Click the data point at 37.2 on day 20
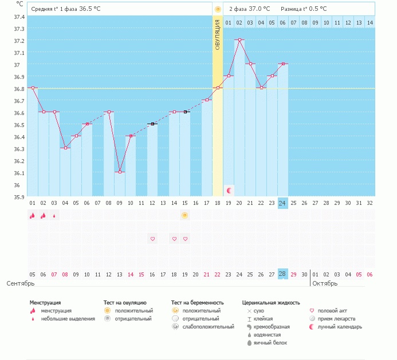point(239,40)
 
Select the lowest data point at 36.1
point(120,172)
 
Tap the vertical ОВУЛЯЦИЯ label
point(218,34)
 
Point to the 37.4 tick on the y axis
point(19,17)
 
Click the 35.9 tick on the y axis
point(19,197)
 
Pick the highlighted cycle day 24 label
point(282,203)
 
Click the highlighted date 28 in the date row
point(282,274)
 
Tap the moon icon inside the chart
point(229,190)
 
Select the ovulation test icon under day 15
point(185,215)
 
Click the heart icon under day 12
point(152,239)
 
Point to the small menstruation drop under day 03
point(54,216)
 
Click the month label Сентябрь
point(21,283)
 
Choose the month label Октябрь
point(325,283)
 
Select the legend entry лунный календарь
point(340,327)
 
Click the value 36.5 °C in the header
point(90,9)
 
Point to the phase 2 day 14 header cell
point(370,22)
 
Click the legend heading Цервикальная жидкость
point(271,303)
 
